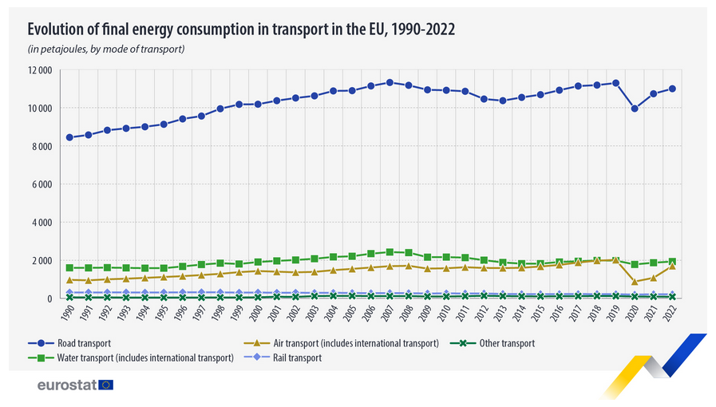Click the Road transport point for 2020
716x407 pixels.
tap(635, 109)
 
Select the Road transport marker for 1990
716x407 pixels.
tap(69, 137)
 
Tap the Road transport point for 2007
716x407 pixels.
tap(390, 82)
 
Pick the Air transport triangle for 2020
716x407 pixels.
tap(635, 282)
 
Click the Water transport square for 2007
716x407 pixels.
tap(390, 252)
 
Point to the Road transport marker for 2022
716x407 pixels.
tap(672, 89)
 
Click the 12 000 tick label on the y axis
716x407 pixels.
tap(38, 70)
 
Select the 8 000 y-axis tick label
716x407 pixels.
tap(41, 147)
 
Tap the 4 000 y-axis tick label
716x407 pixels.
tap(41, 223)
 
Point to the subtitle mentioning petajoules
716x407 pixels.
tap(106, 49)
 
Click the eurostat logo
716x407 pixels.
tap(75, 385)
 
